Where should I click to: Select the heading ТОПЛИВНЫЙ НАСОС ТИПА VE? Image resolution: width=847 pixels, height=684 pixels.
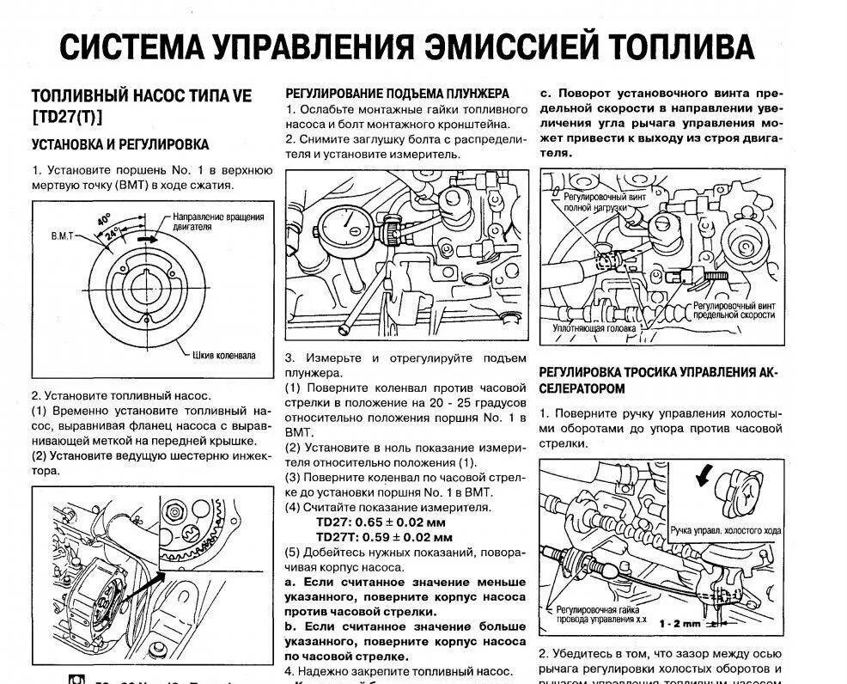(142, 96)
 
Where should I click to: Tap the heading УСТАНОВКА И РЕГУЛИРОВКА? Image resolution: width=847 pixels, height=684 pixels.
(120, 144)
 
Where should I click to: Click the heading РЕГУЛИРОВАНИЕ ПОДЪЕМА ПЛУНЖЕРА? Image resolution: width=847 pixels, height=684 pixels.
(397, 93)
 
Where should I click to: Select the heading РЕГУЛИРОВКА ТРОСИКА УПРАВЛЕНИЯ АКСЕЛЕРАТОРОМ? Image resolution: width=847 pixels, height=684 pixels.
(656, 380)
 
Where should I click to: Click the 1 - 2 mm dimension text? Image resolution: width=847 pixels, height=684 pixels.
(679, 623)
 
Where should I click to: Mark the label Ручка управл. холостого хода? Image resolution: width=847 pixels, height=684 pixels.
(725, 531)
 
